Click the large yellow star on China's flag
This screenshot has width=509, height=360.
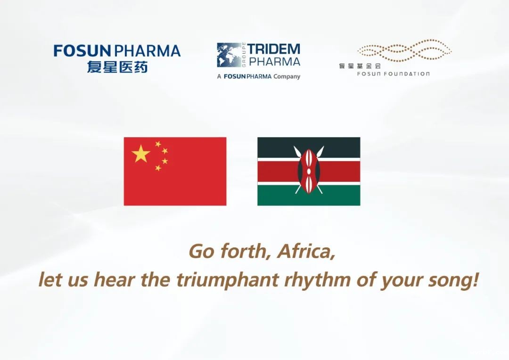coord(141,154)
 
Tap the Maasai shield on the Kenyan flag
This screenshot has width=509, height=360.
coord(309,171)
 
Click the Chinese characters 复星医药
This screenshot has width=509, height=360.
coord(117,66)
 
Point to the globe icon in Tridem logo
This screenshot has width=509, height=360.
coord(228,55)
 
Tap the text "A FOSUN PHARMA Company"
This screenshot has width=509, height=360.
coord(258,76)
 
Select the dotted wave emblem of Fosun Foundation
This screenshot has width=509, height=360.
coord(404,51)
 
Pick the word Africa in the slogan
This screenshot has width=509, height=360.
coord(306,252)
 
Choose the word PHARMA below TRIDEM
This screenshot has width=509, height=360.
coord(274,61)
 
